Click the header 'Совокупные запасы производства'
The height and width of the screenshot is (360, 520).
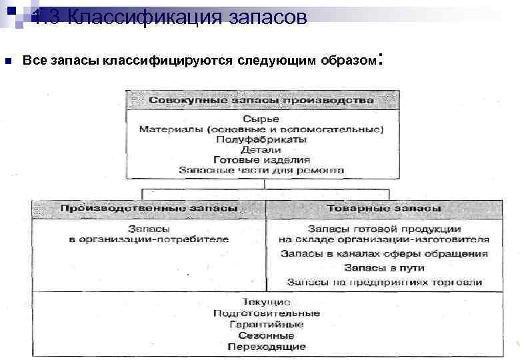click(x=261, y=99)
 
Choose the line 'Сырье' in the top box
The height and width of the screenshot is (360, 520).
click(x=261, y=119)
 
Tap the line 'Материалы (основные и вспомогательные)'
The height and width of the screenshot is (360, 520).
click(x=261, y=129)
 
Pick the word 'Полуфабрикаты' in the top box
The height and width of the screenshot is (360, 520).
click(x=261, y=139)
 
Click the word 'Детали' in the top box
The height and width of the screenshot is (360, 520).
click(x=261, y=150)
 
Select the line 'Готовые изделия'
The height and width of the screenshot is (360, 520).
click(x=261, y=160)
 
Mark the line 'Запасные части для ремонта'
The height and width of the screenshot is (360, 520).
click(x=261, y=170)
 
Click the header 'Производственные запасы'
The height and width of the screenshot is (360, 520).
click(x=149, y=208)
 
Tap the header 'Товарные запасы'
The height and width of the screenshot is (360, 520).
click(x=383, y=208)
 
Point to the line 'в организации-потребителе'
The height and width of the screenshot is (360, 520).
click(x=149, y=239)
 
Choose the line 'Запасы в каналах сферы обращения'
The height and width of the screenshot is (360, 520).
click(x=384, y=253)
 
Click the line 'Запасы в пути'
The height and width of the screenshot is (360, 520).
click(x=384, y=268)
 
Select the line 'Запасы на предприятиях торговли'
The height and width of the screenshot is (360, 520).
click(x=384, y=282)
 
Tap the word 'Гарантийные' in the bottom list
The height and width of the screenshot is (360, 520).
click(x=266, y=324)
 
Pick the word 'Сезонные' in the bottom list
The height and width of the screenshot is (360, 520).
click(x=266, y=335)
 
